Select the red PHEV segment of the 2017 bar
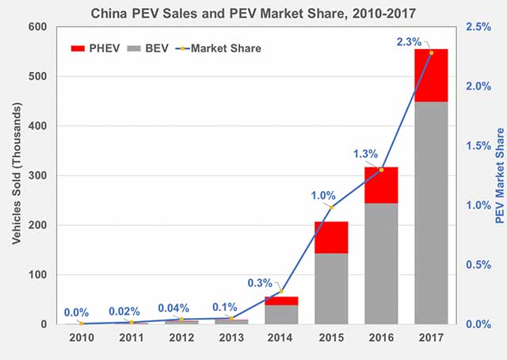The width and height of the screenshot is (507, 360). click(x=431, y=75)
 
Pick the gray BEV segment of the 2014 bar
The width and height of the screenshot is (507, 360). click(x=281, y=315)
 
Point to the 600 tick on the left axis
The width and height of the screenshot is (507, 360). click(x=37, y=27)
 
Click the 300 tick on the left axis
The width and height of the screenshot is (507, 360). click(x=37, y=176)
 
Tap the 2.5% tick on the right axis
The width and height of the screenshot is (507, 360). click(x=479, y=27)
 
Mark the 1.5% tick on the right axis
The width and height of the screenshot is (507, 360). click(x=479, y=146)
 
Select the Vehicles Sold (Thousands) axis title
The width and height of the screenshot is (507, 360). click(x=15, y=176)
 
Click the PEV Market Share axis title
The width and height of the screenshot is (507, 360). click(x=499, y=176)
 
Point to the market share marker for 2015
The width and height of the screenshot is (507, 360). click(x=331, y=207)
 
